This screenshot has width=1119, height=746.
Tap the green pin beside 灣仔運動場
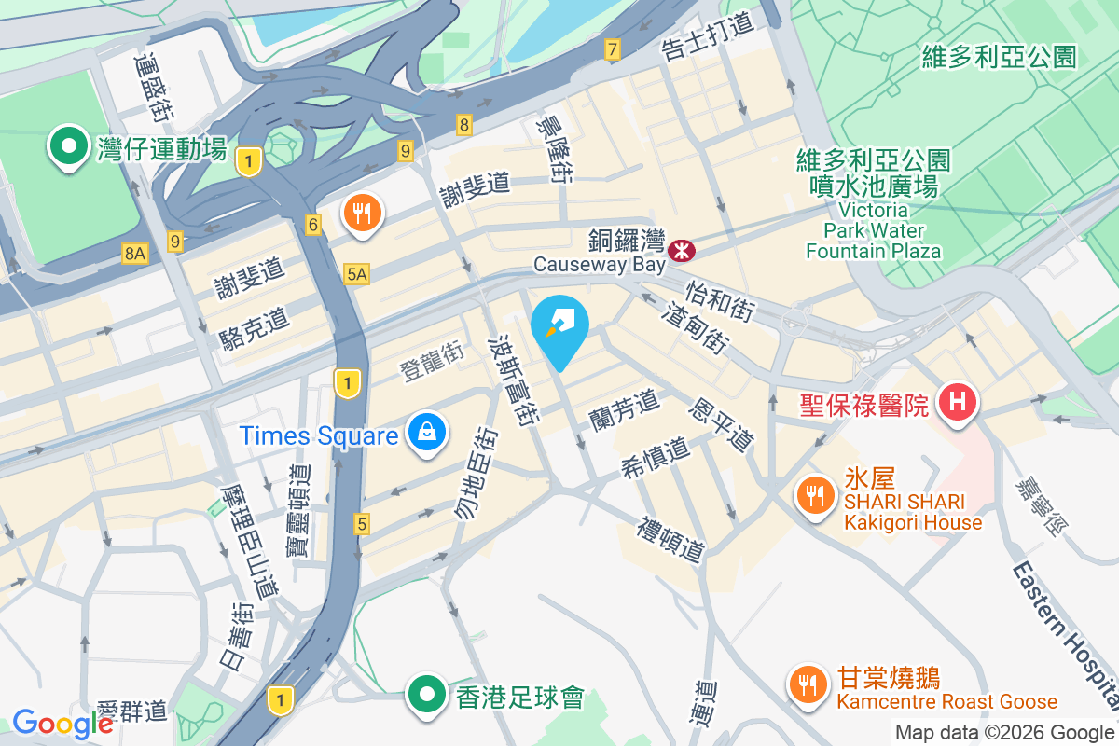click(x=68, y=148)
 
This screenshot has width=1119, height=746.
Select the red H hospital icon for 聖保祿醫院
click(x=956, y=404)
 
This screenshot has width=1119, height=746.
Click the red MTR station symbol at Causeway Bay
click(x=682, y=249)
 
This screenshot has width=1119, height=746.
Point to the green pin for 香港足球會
click(x=427, y=696)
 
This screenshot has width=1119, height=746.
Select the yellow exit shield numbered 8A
click(x=134, y=253)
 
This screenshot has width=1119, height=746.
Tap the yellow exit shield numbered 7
click(x=612, y=49)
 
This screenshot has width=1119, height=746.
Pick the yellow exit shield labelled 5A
click(x=356, y=274)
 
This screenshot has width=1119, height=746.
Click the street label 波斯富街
click(x=514, y=380)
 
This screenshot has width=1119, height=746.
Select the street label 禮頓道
click(x=670, y=540)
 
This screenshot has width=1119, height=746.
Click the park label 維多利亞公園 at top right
click(x=999, y=57)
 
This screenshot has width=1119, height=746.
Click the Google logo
click(x=62, y=723)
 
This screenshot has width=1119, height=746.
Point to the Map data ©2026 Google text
click(x=1004, y=732)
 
